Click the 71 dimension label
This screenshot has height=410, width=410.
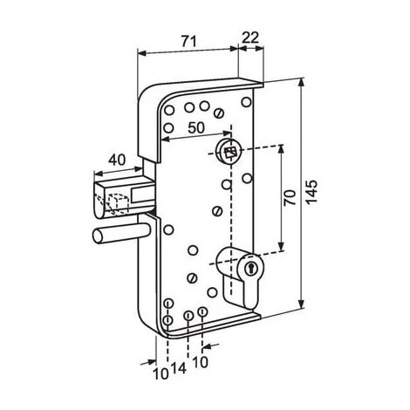click(189, 42)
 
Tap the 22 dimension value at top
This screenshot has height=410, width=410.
click(250, 38)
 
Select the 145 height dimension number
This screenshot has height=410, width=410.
click(311, 192)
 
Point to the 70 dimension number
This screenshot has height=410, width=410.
click(290, 198)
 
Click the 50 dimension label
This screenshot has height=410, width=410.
click(196, 127)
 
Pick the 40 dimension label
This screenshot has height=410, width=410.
click(117, 160)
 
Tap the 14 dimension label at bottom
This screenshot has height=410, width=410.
click(179, 369)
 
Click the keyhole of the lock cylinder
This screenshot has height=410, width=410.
click(249, 267)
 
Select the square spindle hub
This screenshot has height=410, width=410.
click(230, 152)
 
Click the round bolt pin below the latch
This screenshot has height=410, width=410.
click(120, 234)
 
